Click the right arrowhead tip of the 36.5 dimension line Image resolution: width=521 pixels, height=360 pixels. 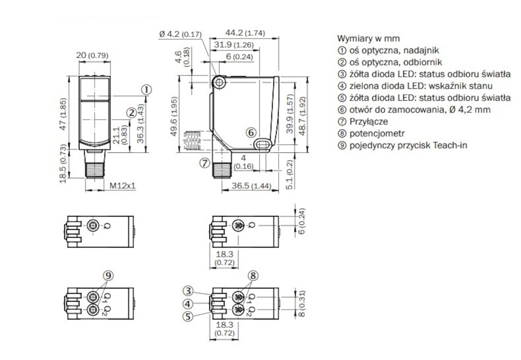pyautogui.click(x=279, y=190)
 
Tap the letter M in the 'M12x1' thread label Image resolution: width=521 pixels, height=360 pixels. pyautogui.click(x=113, y=185)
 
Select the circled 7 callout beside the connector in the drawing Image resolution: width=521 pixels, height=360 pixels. pyautogui.click(x=205, y=163)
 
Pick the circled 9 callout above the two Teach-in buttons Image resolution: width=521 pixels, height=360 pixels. pyautogui.click(x=109, y=275)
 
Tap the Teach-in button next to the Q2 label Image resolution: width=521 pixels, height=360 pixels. pyautogui.click(x=94, y=310)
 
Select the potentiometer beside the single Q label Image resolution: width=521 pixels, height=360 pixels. pyautogui.click(x=238, y=225)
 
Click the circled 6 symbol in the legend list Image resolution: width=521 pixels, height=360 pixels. pyautogui.click(x=342, y=110)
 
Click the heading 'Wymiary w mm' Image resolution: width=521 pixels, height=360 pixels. pyautogui.click(x=368, y=39)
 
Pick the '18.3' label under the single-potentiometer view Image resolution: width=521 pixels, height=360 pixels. pyautogui.click(x=225, y=255)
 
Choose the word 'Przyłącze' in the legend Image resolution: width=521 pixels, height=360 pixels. pyautogui.click(x=368, y=122)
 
